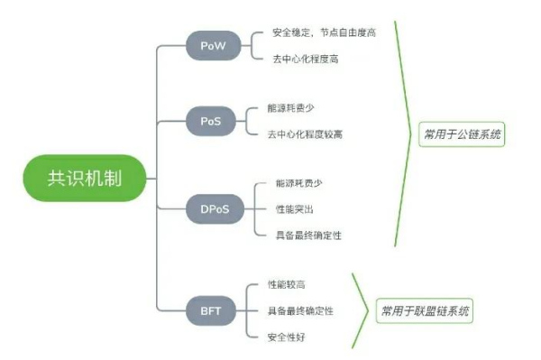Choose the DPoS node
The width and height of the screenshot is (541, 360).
208,208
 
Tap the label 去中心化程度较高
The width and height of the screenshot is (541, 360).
305,134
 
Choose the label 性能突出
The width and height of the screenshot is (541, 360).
294,208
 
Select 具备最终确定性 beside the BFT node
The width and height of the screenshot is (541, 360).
300,310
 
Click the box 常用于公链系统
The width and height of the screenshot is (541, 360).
463,135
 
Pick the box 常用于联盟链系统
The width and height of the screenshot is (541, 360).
426,311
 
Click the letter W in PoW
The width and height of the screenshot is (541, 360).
219,46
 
